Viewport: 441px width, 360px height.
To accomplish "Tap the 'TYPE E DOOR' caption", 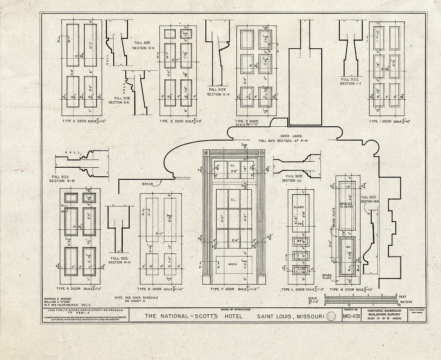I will click(169, 121).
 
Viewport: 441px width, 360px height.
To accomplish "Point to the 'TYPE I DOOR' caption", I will click(380, 121).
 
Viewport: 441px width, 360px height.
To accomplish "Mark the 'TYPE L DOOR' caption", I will click(292, 289).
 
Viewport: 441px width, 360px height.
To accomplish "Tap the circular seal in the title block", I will click(332, 317).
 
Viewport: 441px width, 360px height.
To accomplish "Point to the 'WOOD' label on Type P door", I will click(233, 264).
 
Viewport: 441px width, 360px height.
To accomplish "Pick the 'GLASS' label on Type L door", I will click(298, 207).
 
